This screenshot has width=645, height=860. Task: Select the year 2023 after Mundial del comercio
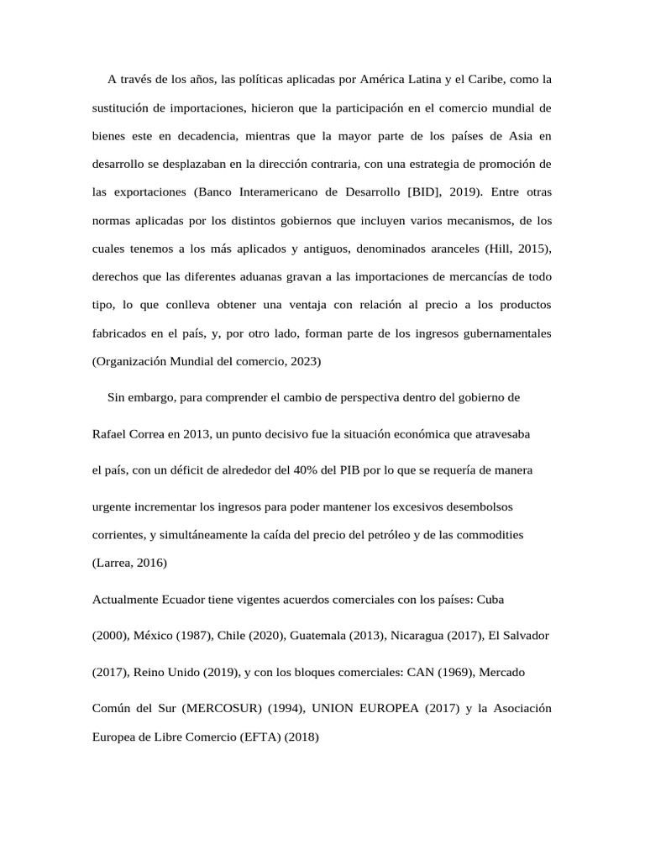coord(303,362)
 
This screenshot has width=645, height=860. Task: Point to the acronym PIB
coord(352,470)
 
